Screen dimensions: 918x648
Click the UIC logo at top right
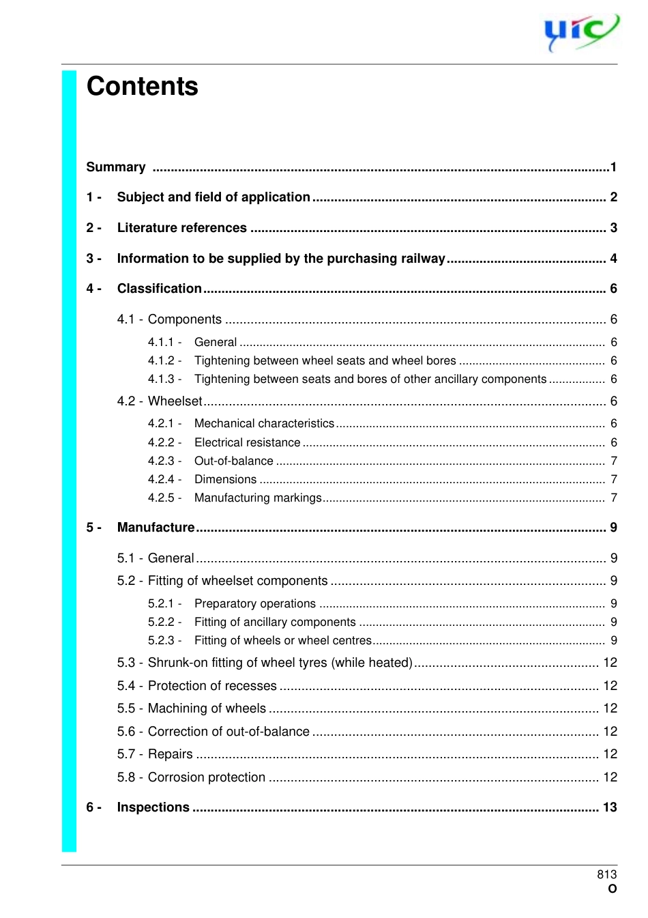click(x=580, y=32)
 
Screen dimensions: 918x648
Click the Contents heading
click(x=142, y=87)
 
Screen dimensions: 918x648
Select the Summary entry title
click(x=116, y=167)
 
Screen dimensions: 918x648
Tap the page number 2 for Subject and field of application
click(x=613, y=197)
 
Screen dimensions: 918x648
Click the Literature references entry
click(x=181, y=228)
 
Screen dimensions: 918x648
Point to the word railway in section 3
click(x=422, y=259)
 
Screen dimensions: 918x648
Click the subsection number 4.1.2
click(x=162, y=360)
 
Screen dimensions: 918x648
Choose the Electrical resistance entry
click(x=247, y=442)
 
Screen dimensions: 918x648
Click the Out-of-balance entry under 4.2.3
click(x=233, y=461)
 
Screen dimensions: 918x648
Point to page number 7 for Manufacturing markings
click(x=613, y=498)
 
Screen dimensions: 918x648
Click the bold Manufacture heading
click(x=156, y=528)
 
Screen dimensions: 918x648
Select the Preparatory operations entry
click(x=254, y=603)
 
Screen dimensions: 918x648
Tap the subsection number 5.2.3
click(x=162, y=640)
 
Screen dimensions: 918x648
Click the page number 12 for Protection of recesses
click(x=610, y=685)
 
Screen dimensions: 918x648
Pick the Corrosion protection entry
click(x=206, y=777)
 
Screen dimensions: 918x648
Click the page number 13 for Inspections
click(x=609, y=807)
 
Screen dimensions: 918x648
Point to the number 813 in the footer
click(x=606, y=874)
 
